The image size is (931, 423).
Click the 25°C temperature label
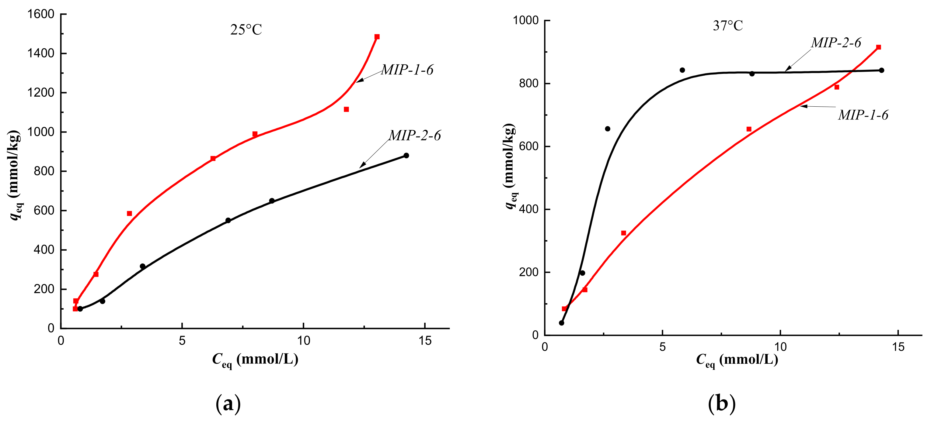point(246,29)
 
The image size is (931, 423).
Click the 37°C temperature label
point(727,26)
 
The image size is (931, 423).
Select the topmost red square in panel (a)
point(377,37)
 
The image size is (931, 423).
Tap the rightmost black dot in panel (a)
point(406,156)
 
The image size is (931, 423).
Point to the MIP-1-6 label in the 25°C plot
point(407,70)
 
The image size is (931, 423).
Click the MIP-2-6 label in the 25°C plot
point(415,135)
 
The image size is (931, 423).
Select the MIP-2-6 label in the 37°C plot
point(836,43)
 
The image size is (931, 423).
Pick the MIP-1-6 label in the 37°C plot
point(863,115)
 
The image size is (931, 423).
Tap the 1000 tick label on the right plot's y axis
point(525,20)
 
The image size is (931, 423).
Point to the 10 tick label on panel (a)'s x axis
point(303,340)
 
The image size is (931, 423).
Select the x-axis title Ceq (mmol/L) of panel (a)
point(255,359)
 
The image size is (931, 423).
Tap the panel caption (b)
point(721,403)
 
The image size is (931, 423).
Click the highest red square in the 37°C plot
point(879,47)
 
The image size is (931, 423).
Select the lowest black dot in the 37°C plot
point(561,323)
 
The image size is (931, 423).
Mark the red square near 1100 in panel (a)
point(346,109)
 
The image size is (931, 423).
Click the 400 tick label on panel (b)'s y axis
point(528,209)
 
